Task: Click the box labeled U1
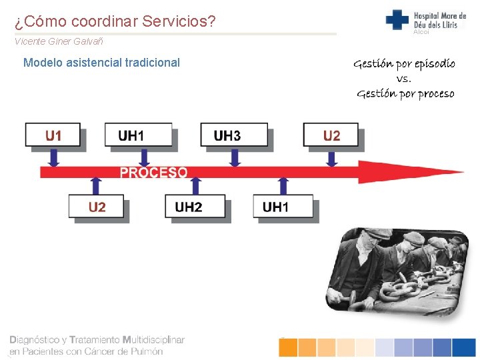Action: [x=53, y=135]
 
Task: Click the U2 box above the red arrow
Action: [x=331, y=135]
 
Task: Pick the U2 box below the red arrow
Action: [x=97, y=207]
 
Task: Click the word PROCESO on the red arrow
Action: [x=153, y=172]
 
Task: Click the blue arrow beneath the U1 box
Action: [x=54, y=157]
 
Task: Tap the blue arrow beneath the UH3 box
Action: [x=234, y=157]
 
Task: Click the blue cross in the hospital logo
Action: [x=397, y=19]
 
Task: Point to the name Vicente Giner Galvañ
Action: [x=59, y=41]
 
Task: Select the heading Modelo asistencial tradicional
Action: [x=101, y=63]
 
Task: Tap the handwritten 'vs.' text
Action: [x=404, y=79]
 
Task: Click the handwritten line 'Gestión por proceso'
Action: [x=405, y=93]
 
